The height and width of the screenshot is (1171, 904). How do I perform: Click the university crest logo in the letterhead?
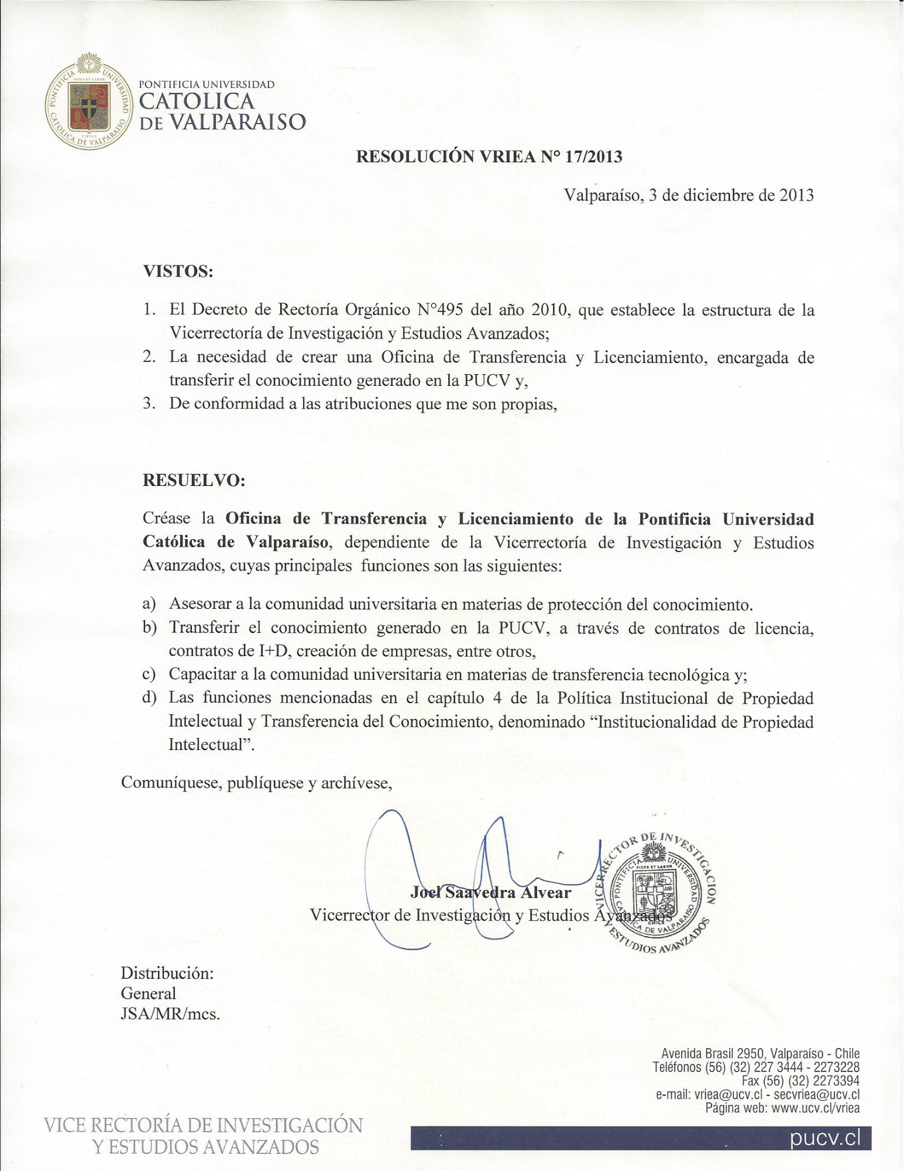click(88, 101)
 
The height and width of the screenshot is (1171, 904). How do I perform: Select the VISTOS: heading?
click(178, 271)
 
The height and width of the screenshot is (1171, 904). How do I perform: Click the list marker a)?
click(149, 604)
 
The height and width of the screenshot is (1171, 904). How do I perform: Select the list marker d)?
click(150, 698)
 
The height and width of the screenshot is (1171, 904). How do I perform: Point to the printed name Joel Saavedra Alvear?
click(490, 892)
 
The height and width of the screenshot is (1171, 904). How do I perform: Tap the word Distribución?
click(167, 973)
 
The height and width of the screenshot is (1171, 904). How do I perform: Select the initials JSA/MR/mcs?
click(170, 1014)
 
